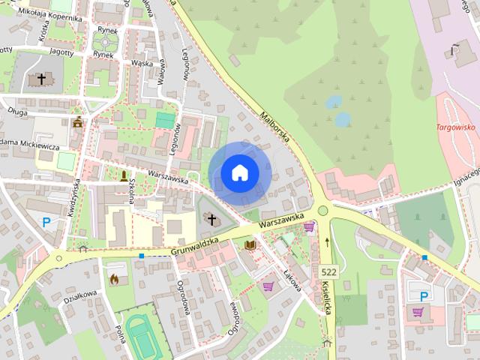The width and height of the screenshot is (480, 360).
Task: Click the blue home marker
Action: tap(239, 172)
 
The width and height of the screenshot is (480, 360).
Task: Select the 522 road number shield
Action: tap(328, 271)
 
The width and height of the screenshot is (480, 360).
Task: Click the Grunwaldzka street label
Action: tap(193, 243)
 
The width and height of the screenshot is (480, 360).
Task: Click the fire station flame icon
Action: tap(115, 279)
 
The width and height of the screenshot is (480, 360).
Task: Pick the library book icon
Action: tap(250, 245)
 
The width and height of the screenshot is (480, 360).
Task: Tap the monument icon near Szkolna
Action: tap(124, 175)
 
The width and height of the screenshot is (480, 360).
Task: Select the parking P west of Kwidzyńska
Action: tap(46, 222)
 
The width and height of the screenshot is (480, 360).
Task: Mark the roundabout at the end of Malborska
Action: tap(323, 211)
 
